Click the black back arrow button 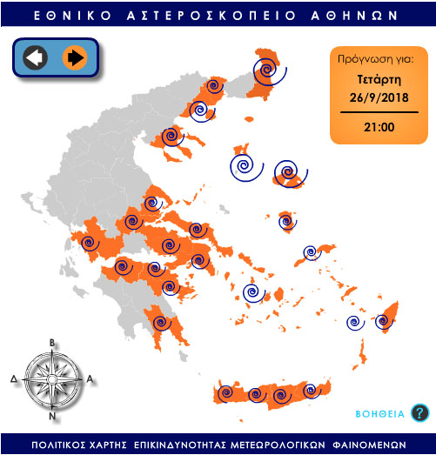tap(35, 58)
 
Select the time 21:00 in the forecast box tap(379, 127)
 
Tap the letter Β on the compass tap(52, 342)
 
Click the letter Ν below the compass tap(52, 416)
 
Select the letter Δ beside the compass tap(14, 379)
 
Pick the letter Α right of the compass tap(90, 379)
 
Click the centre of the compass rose tap(52, 378)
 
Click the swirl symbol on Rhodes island tap(383, 322)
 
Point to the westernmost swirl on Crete tap(226, 393)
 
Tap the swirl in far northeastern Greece tap(265, 70)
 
